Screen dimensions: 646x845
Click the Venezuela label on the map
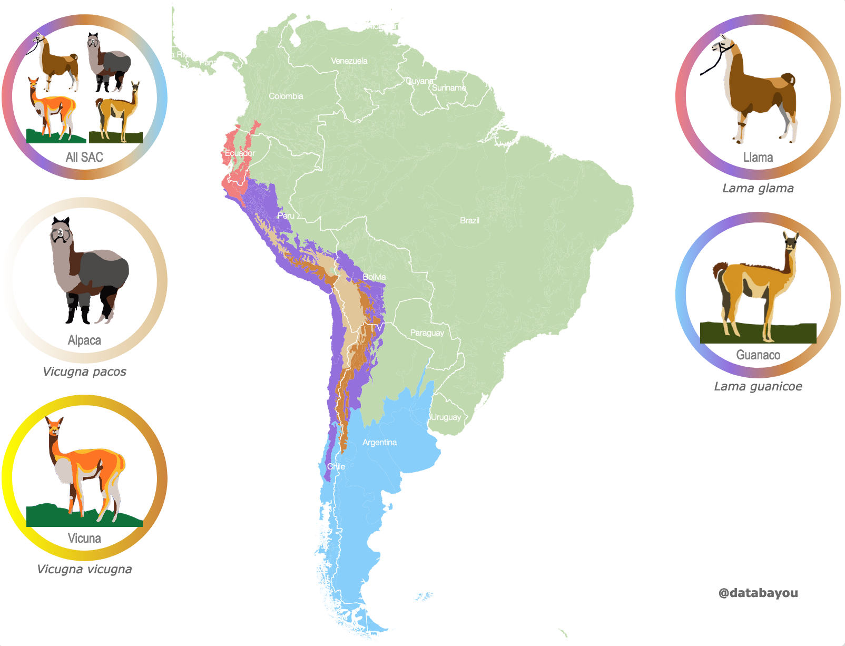(349, 61)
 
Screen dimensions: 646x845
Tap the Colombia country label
(286, 96)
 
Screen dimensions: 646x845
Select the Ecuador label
(240, 153)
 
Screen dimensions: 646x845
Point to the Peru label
(286, 216)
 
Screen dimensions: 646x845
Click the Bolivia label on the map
(374, 277)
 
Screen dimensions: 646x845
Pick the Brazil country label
(469, 221)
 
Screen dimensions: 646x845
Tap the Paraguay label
(427, 333)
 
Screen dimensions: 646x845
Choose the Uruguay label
(446, 417)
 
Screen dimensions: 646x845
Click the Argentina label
(379, 443)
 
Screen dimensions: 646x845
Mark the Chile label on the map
(336, 467)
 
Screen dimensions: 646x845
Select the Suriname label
(449, 88)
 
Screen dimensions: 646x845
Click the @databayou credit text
(758, 593)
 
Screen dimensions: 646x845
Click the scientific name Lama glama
(758, 189)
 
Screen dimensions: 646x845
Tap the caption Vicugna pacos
(84, 372)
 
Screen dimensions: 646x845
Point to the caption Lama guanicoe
(758, 387)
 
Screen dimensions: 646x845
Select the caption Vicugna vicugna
(84, 570)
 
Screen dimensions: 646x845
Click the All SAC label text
(84, 158)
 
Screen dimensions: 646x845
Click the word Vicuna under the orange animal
(84, 539)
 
